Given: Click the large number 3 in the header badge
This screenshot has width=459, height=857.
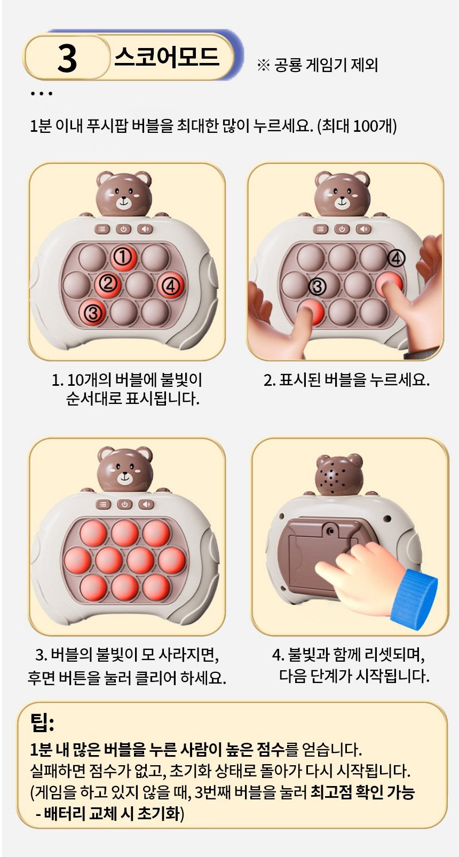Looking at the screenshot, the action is pyautogui.click(x=67, y=59).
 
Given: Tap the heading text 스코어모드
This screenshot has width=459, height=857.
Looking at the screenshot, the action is pyautogui.click(x=167, y=57).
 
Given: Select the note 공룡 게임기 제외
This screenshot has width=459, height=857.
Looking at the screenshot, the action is pyautogui.click(x=326, y=65).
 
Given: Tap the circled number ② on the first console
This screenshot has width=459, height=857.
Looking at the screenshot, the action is pyautogui.click(x=107, y=283).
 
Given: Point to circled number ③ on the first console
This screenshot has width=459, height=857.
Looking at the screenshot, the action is pyautogui.click(x=92, y=313).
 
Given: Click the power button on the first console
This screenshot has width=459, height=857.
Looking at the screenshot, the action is pyautogui.click(x=123, y=229).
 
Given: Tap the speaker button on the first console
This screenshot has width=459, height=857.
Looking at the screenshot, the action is pyautogui.click(x=145, y=229).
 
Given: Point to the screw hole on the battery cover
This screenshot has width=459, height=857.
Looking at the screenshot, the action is pyautogui.click(x=329, y=530).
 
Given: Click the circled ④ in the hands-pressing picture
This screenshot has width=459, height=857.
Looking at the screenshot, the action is pyautogui.click(x=396, y=259).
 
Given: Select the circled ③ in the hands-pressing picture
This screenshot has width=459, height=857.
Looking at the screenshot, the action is pyautogui.click(x=317, y=287).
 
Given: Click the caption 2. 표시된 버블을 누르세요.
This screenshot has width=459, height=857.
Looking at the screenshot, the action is pyautogui.click(x=346, y=380).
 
